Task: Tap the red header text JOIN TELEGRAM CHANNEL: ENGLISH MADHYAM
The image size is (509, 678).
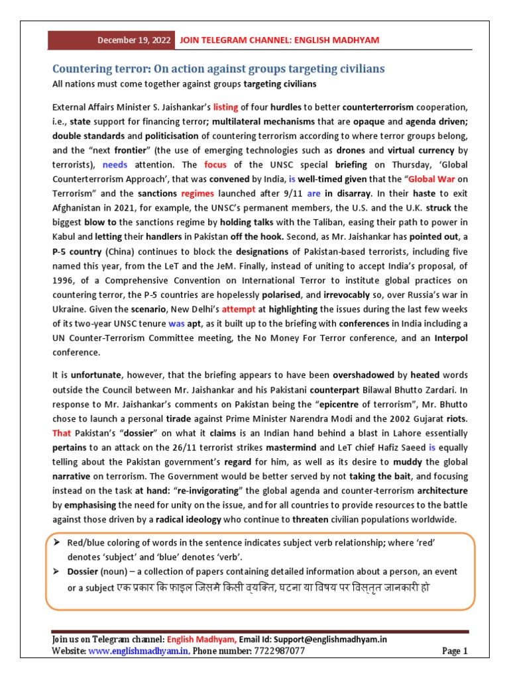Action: point(279,40)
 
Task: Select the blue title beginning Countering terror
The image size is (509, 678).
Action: point(219,69)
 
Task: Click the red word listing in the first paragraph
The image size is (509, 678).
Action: point(225,107)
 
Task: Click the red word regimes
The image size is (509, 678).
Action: point(197,194)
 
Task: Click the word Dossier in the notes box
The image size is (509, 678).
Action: point(83,571)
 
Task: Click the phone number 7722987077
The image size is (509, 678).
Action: point(278,652)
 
